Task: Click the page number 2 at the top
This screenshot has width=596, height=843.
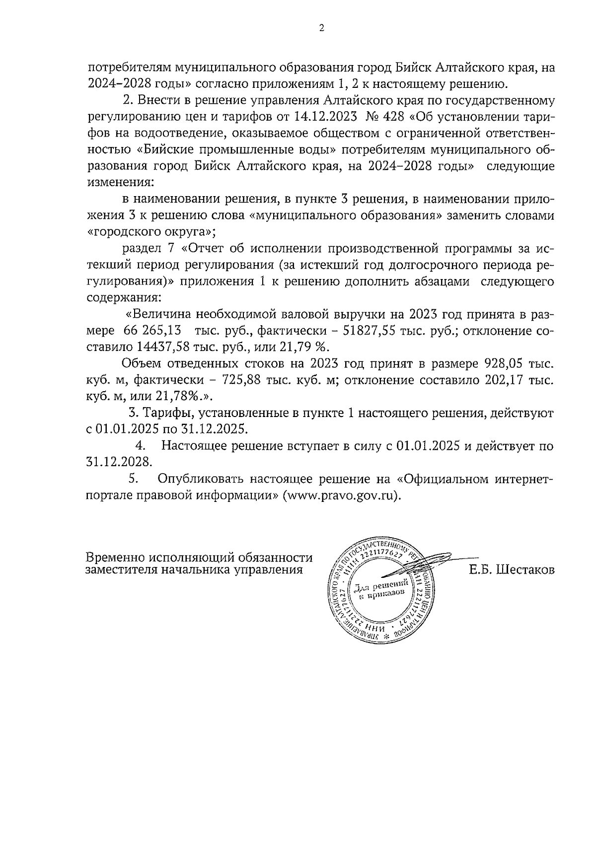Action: point(321,28)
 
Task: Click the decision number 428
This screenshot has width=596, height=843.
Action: point(391,118)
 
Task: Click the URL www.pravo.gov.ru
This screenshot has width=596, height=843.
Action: point(341,495)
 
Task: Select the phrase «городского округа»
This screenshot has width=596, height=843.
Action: point(151,231)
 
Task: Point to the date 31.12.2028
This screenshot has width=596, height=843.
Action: point(118,462)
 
